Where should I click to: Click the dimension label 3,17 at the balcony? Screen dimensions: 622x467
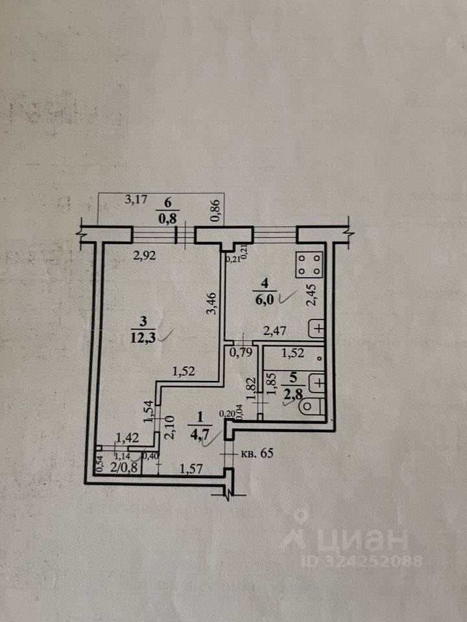coord(135,200)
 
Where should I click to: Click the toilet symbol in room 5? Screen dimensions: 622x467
coord(311,408)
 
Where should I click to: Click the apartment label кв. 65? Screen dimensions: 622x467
coord(257,453)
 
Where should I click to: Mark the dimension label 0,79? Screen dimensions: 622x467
coord(239,354)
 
